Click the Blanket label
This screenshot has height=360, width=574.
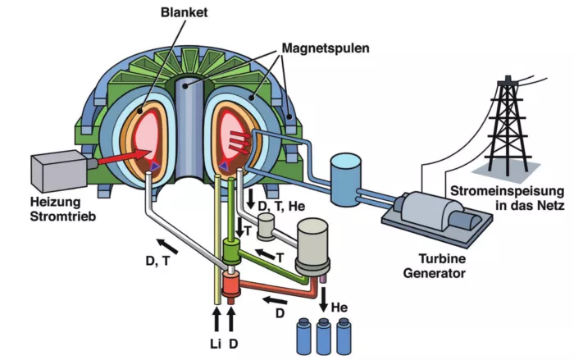coord(184,12)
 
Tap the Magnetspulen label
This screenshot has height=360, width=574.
coord(326,48)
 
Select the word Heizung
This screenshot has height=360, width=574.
coord(55,202)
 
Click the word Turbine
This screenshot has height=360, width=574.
coord(442,259)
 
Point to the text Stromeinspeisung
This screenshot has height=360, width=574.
coord(507,191)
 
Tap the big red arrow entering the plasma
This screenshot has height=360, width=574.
coord(125,156)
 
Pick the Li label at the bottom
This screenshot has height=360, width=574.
coord(216,344)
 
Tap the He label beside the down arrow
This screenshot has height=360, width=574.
coord(339,308)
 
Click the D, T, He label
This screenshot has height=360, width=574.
coord(281,206)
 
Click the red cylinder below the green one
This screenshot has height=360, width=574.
coord(231,285)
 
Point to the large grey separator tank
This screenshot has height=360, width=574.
coord(312,247)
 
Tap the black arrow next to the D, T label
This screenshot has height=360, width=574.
coord(167,246)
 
